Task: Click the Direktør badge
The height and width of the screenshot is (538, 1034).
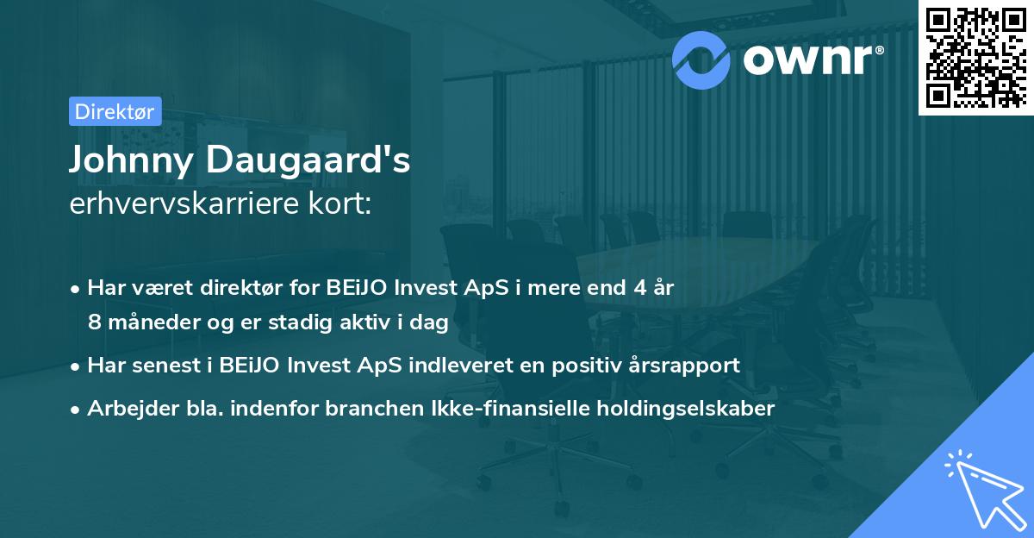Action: [114, 111]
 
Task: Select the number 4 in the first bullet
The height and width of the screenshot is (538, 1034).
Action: [638, 288]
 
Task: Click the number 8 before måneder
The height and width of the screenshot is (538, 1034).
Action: [93, 322]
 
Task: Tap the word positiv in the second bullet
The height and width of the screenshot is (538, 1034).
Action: [580, 365]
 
